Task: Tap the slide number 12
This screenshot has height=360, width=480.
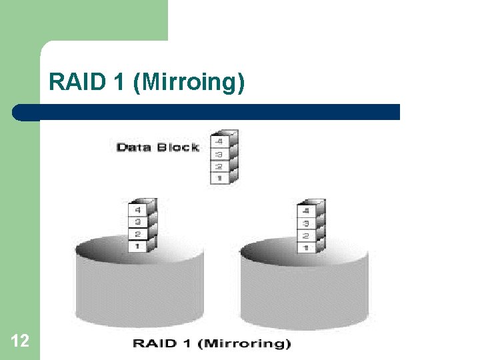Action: click(20, 341)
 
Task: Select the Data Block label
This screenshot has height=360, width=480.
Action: click(158, 147)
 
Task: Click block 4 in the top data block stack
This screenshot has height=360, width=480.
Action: click(219, 142)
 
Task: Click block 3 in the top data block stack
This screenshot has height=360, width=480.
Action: click(219, 154)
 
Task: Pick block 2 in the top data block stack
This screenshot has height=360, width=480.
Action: click(219, 166)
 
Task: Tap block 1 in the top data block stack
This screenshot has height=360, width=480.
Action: click(219, 178)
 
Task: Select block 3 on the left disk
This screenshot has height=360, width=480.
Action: click(138, 222)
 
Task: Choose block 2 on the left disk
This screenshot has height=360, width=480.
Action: click(138, 234)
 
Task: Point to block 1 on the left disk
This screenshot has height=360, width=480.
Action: click(138, 246)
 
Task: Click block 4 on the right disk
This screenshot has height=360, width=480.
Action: click(306, 211)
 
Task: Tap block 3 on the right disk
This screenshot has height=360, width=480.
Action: click(306, 223)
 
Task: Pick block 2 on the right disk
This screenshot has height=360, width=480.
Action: click(306, 235)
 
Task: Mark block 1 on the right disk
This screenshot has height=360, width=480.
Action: click(306, 247)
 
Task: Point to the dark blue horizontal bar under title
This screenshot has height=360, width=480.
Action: click(207, 112)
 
